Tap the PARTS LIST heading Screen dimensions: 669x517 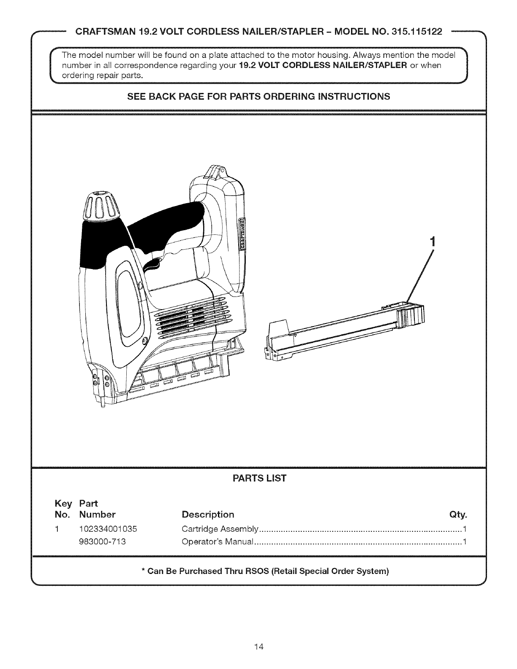coord(259,479)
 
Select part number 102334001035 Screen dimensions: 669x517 coord(108,529)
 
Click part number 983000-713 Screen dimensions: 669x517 coord(102,542)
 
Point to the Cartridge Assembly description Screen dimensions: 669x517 coord(219,529)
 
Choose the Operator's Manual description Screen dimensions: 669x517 coord(217,542)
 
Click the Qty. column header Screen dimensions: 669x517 coord(460,515)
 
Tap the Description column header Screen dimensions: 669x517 coord(207,515)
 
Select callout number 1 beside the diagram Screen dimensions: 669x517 coord(432,242)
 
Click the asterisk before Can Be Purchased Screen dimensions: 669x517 coord(144,571)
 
